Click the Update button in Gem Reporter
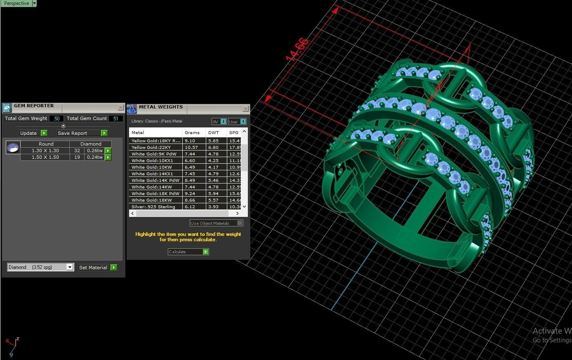(33, 133)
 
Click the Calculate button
(188, 252)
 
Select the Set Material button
(97, 268)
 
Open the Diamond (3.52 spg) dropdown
(70, 267)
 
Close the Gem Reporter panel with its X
(120, 107)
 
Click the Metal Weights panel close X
(245, 108)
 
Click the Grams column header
(192, 132)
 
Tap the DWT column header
(214, 132)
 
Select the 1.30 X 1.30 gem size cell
(45, 151)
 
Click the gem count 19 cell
(77, 157)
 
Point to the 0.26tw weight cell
(94, 151)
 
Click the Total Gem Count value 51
(115, 118)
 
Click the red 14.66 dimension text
(297, 49)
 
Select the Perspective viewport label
(16, 3)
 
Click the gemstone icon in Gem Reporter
(13, 147)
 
